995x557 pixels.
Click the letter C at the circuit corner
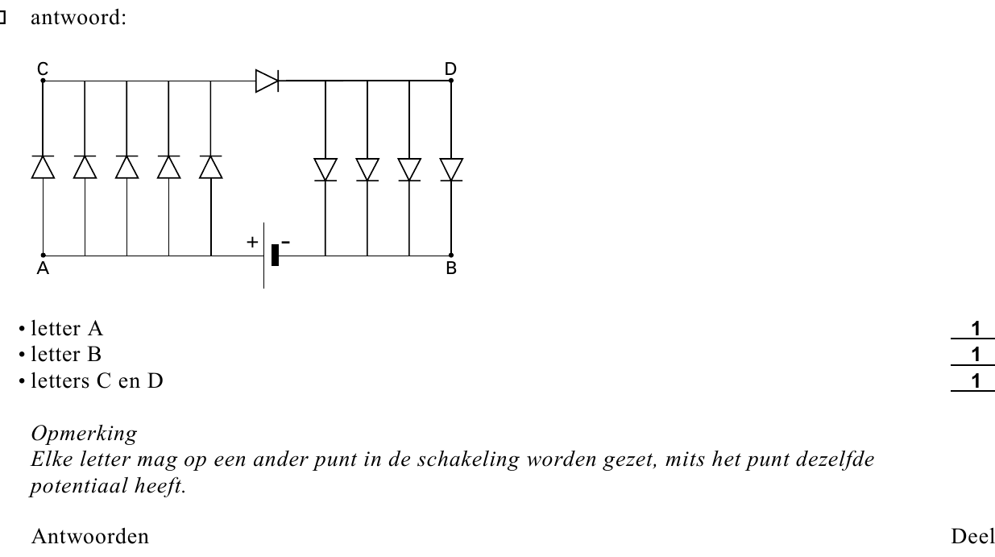[43, 69]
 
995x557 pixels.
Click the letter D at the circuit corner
[450, 69]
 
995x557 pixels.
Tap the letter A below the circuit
[43, 268]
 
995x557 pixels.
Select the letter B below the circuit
[451, 268]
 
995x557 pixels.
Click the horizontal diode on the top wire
[267, 81]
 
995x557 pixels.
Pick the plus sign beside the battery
[252, 243]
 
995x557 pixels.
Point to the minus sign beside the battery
[286, 243]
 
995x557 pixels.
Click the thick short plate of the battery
[275, 256]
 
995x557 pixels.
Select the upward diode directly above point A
[43, 167]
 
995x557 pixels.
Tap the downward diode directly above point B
[451, 169]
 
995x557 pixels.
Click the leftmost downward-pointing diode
[325, 169]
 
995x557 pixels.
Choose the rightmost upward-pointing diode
[210, 167]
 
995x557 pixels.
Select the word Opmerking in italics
[84, 434]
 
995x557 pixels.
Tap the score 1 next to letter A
[976, 329]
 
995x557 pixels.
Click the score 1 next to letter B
[976, 355]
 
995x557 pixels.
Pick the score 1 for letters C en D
[976, 381]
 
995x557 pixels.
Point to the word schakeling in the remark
[468, 459]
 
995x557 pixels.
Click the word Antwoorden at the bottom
[90, 537]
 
